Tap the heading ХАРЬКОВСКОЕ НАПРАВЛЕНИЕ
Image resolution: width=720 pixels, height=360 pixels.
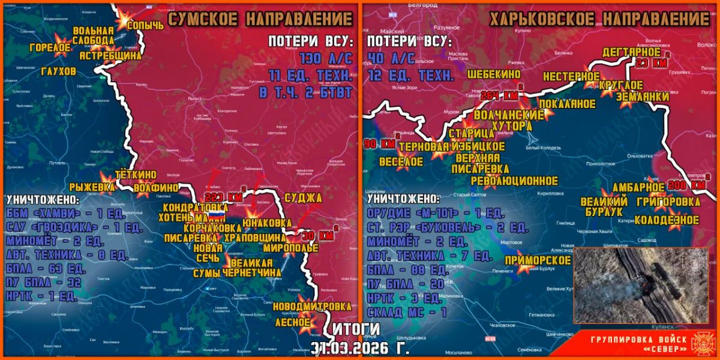click(x=599, y=19)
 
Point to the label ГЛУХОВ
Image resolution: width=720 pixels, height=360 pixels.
click(x=59, y=71)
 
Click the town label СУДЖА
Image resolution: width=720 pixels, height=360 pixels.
click(x=303, y=197)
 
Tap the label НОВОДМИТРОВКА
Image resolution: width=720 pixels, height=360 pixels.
click(x=311, y=307)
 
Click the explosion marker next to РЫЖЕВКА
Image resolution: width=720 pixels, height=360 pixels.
click(x=108, y=178)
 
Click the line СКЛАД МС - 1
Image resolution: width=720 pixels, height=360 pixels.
click(x=406, y=311)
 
